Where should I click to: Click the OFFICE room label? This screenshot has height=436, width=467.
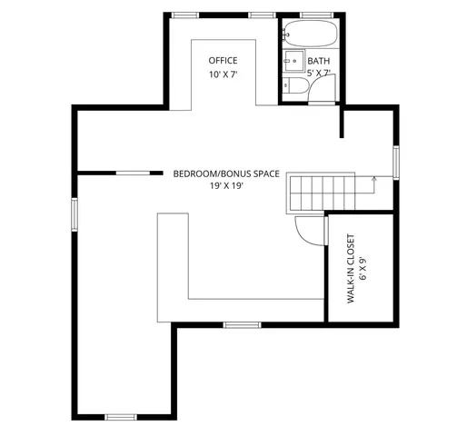(223, 61)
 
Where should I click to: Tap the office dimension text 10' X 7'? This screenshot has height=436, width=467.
(223, 74)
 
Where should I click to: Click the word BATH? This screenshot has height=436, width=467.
(319, 61)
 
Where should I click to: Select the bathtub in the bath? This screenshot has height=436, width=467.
(310, 35)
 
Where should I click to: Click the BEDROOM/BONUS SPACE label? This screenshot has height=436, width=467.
(226, 173)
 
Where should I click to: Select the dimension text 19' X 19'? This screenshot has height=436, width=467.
(226, 185)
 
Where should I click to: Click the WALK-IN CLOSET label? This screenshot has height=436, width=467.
(351, 268)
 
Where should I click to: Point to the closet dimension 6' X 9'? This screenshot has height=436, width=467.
(363, 268)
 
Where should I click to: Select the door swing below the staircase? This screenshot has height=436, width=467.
(311, 231)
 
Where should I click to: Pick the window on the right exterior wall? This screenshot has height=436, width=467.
(395, 162)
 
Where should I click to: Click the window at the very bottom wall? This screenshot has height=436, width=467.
(120, 416)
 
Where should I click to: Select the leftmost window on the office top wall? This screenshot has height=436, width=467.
(186, 15)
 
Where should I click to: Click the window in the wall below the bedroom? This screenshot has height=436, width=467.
(243, 324)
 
